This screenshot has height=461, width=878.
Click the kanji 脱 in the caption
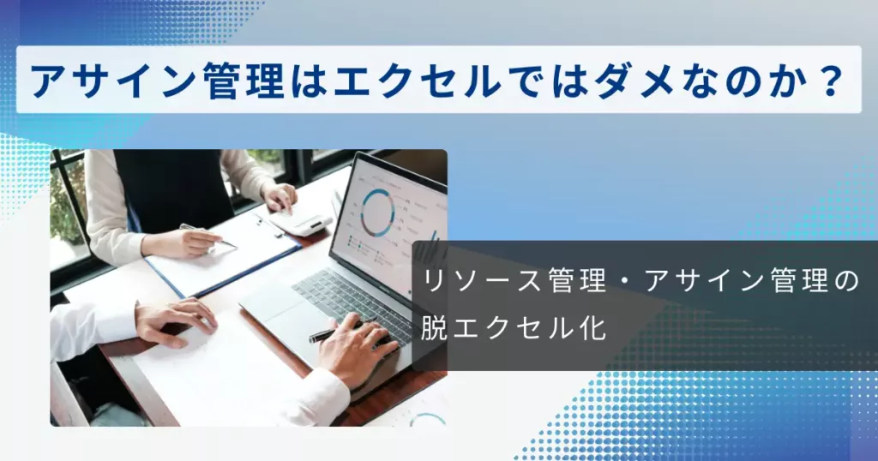point(435,327)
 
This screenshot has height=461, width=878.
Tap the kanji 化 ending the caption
point(593,327)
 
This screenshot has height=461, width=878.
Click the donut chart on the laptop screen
point(378,212)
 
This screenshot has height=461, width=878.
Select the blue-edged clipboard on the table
point(224,254)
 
